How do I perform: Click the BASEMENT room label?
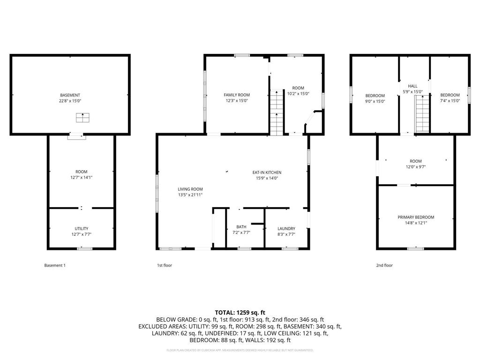click(70, 95)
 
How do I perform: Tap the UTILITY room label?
click(82, 229)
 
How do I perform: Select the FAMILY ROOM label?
click(237, 95)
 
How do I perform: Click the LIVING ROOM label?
click(190, 189)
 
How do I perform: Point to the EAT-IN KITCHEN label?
click(267, 172)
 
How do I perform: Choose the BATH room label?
click(241, 227)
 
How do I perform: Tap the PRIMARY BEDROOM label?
click(416, 217)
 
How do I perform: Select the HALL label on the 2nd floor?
click(412, 86)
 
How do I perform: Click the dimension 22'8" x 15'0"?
click(70, 101)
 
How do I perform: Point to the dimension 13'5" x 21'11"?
click(190, 195)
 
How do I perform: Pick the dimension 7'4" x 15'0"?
click(450, 101)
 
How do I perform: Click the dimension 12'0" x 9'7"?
click(416, 167)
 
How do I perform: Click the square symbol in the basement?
click(83, 118)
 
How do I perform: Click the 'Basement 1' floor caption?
click(55, 265)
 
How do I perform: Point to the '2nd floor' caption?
click(384, 265)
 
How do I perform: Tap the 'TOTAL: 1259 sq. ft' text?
click(240, 312)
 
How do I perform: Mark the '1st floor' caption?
click(165, 265)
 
